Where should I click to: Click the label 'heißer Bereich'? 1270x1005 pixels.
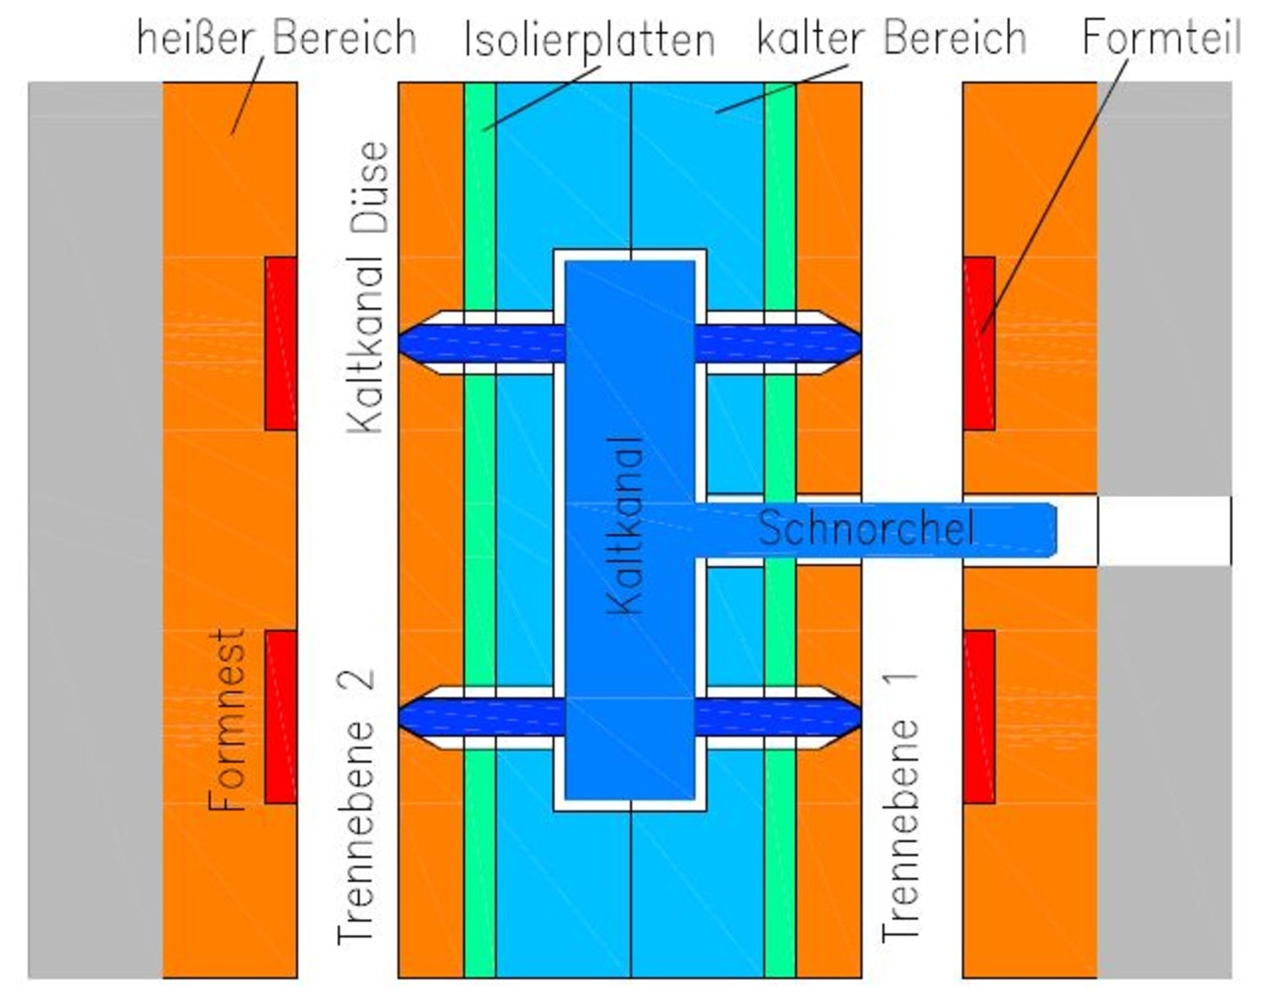pyautogui.click(x=276, y=38)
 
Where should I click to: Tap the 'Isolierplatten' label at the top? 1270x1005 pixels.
pyautogui.click(x=589, y=40)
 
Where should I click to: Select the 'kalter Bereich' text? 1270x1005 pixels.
pyautogui.click(x=891, y=38)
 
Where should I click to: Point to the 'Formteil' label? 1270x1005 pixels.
pyautogui.click(x=1162, y=37)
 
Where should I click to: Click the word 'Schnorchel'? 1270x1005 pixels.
pyautogui.click(x=865, y=529)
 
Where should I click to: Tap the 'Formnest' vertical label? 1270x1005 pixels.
pyautogui.click(x=228, y=718)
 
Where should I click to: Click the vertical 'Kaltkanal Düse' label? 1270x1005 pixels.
pyautogui.click(x=369, y=288)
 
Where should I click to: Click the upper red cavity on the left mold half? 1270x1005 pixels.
pyautogui.click(x=281, y=343)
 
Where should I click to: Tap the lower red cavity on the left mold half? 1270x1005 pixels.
pyautogui.click(x=281, y=716)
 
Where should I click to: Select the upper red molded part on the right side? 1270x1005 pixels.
pyautogui.click(x=979, y=343)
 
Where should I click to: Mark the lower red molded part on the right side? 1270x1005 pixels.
pyautogui.click(x=979, y=716)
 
